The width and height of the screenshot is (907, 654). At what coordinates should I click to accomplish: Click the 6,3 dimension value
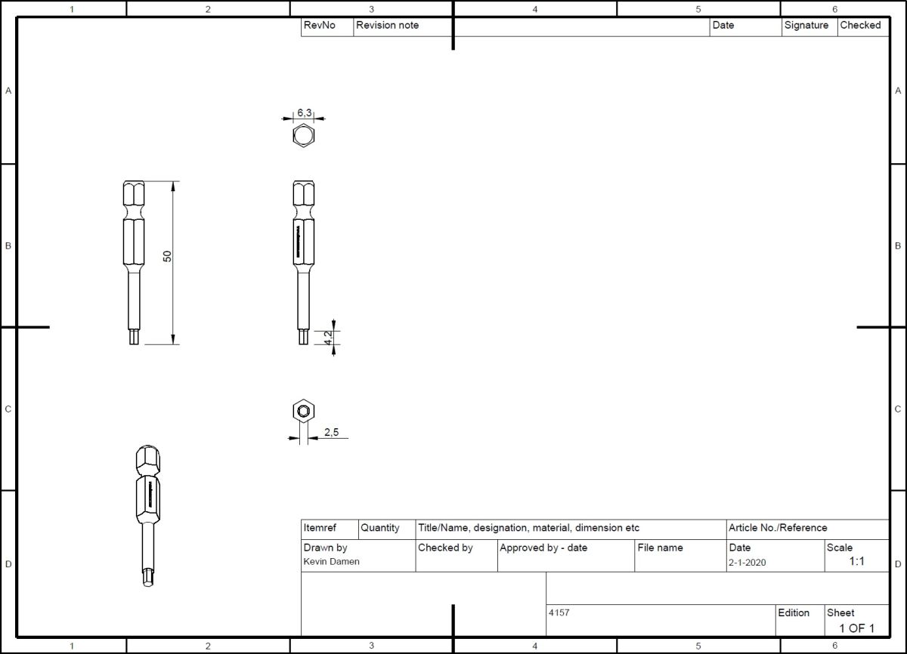click(304, 113)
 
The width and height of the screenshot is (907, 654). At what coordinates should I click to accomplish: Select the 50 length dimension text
click(168, 257)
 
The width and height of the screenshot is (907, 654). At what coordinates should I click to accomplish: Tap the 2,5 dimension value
click(332, 433)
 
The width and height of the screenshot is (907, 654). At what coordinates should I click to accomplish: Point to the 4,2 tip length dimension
click(328, 338)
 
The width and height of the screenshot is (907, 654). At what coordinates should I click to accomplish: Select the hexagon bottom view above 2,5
click(303, 412)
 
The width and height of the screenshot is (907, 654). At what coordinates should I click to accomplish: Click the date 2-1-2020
click(747, 562)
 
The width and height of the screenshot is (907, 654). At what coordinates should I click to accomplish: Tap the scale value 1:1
click(856, 562)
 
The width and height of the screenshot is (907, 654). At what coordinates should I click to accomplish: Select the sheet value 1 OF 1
click(856, 628)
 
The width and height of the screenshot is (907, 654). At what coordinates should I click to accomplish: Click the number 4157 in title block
click(559, 612)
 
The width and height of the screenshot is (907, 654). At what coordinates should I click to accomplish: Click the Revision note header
click(387, 25)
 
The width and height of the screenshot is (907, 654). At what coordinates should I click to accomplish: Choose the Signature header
click(806, 25)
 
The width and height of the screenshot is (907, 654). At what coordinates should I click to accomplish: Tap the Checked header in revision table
click(860, 25)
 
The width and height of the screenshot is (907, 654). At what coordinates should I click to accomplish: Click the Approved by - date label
click(543, 548)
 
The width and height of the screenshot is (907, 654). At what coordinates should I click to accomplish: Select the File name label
click(660, 548)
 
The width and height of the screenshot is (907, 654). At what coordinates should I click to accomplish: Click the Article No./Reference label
click(778, 528)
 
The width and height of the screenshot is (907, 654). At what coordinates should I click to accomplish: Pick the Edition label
click(794, 612)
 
